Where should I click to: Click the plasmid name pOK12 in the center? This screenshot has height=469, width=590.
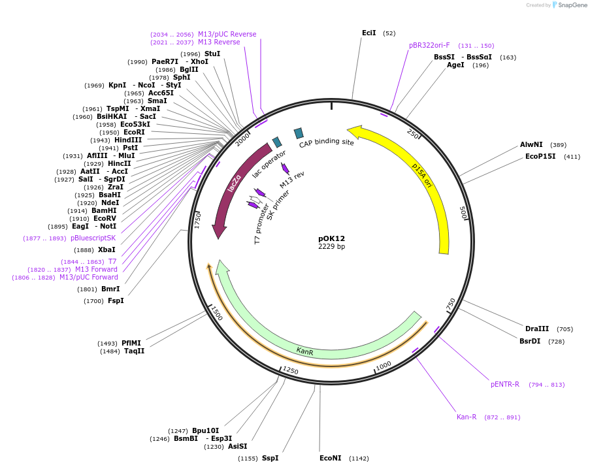(x=331, y=238)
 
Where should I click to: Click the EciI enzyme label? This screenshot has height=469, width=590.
(x=369, y=33)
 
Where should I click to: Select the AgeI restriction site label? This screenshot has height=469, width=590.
(x=455, y=65)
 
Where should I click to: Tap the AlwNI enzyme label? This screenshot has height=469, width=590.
(x=531, y=144)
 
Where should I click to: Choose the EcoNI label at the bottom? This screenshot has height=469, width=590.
(x=330, y=458)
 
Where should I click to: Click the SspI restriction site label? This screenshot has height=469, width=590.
(x=270, y=458)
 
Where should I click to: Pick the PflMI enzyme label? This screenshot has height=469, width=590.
(x=131, y=343)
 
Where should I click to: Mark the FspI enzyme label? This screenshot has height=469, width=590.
(x=115, y=300)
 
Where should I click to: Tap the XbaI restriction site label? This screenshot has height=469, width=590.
(x=107, y=250)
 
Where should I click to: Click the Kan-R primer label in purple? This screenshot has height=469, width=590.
(x=467, y=417)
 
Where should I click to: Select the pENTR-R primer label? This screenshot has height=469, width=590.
(x=505, y=384)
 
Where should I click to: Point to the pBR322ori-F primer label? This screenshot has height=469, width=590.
(x=429, y=46)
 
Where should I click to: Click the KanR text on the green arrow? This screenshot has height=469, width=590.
(x=304, y=351)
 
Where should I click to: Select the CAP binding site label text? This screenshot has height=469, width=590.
(x=326, y=142)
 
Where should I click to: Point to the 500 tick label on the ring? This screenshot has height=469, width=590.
(x=463, y=212)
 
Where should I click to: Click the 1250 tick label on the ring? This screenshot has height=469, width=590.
(x=291, y=371)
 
